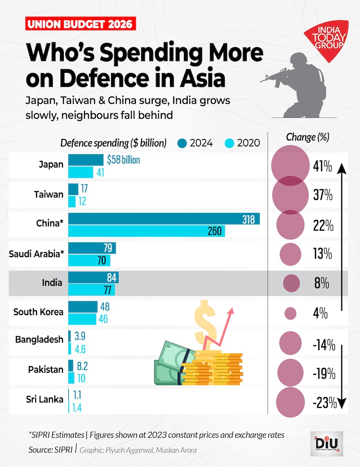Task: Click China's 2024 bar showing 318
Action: (x=164, y=219)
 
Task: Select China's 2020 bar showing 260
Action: (x=146, y=231)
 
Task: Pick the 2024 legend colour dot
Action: (x=182, y=143)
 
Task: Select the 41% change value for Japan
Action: (x=322, y=167)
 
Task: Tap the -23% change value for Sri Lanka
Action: (x=324, y=403)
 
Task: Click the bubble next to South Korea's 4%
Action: (x=290, y=314)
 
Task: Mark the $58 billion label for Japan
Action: (x=123, y=160)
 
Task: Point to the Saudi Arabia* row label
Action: (x=36, y=253)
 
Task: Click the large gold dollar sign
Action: (x=204, y=322)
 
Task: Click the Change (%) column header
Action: (x=307, y=137)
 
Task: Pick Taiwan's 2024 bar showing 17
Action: (x=73, y=189)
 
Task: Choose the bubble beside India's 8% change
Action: (x=291, y=283)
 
